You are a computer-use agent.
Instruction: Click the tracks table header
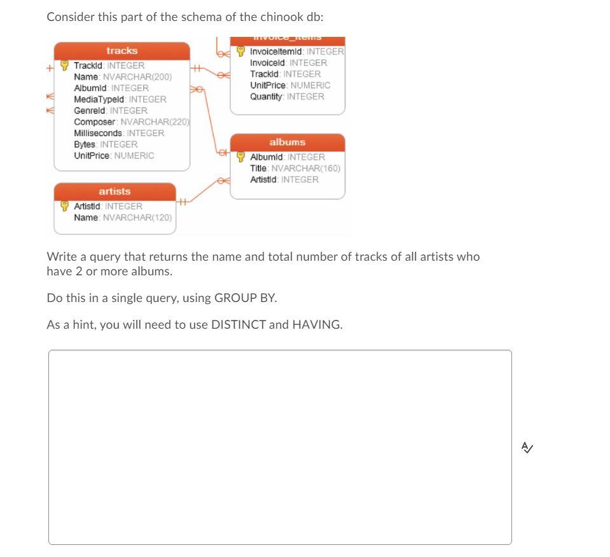121,51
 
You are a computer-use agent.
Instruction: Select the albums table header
287,142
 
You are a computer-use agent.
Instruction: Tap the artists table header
114,191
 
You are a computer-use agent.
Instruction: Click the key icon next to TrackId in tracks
65,65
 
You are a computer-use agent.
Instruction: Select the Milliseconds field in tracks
119,133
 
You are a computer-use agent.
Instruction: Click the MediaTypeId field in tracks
120,99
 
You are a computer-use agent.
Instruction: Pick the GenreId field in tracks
111,111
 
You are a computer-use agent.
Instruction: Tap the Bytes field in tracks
106,144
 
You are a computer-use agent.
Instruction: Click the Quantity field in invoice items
287,97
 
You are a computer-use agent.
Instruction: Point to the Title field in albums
295,168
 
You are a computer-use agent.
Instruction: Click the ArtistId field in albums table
284,180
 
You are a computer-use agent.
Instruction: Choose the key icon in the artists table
65,206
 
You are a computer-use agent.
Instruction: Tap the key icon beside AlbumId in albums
241,157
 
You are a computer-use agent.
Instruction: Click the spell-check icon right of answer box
527,448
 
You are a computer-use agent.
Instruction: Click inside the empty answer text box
280,447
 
